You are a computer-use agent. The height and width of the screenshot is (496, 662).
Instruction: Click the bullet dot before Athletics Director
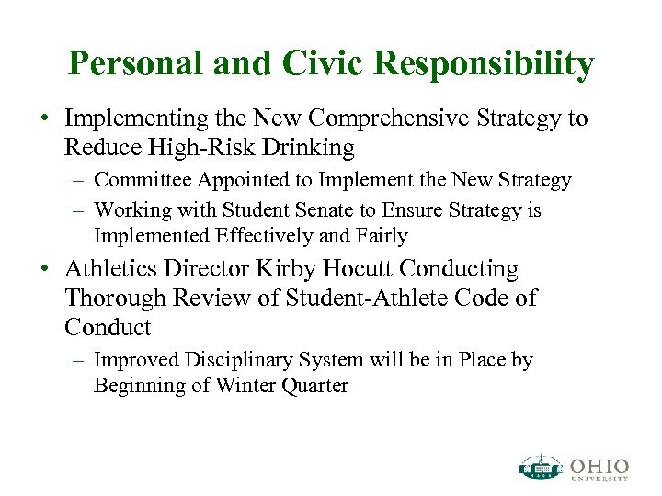tap(44, 270)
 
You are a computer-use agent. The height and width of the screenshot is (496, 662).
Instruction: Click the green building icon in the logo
tap(540, 467)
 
